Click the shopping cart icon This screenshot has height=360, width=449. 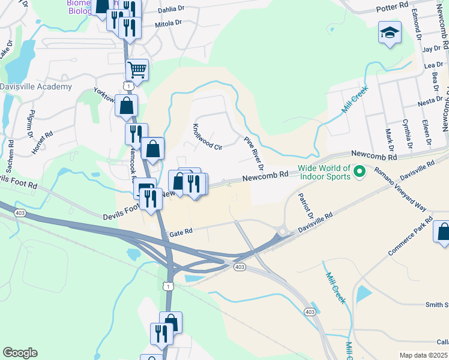pyautogui.click(x=137, y=70)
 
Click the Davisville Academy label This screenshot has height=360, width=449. pyautogui.click(x=36, y=86)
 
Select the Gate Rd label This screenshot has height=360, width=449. pyautogui.click(x=181, y=232)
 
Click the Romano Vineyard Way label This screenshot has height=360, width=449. pyautogui.click(x=400, y=190)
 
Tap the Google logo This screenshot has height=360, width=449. pyautogui.click(x=20, y=353)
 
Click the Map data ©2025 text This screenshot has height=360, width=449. pyautogui.click(x=424, y=355)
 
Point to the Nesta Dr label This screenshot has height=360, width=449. pyautogui.click(x=430, y=101)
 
